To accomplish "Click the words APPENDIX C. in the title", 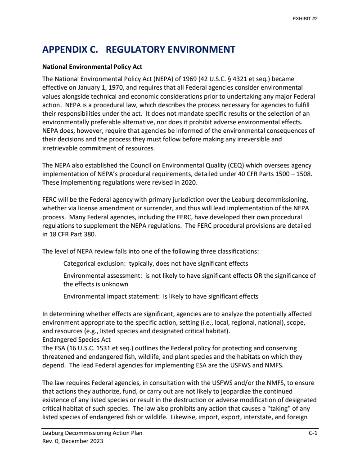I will click(70, 50).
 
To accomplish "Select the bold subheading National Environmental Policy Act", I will click(92, 67).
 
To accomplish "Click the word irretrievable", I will click(62, 148).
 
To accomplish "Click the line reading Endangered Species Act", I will click(76, 339).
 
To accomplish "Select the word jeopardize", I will click(236, 391).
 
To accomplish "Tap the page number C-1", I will click(313, 433).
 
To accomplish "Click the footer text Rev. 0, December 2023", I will click(72, 441).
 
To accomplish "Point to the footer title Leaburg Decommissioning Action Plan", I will click(92, 433).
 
